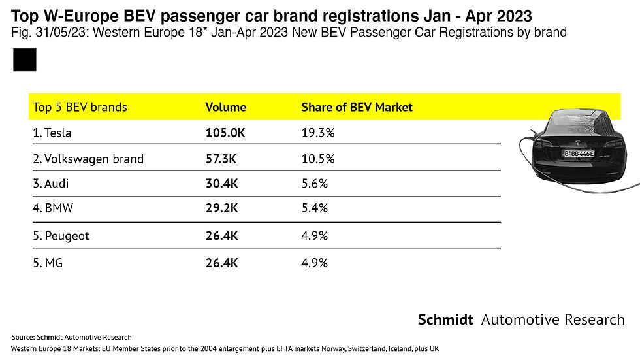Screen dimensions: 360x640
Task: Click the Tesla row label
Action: [x=52, y=133]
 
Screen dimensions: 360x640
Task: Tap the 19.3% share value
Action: [x=318, y=133]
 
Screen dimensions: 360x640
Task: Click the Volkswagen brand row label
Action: [x=88, y=159]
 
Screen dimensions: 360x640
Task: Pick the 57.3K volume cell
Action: [x=221, y=159]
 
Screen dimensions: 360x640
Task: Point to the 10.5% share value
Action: [x=318, y=159]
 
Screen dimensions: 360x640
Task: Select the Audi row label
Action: [x=50, y=184]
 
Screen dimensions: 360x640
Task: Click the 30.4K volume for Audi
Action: [x=221, y=184]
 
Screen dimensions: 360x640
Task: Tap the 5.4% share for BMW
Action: [x=314, y=209]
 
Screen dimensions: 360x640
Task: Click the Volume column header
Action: [x=225, y=107]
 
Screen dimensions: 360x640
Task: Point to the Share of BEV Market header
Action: [x=357, y=107]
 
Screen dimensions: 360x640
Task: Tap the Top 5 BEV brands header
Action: [x=80, y=107]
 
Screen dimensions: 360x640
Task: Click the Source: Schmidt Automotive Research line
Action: [x=72, y=337]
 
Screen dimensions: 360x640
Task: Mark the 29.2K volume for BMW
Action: [x=221, y=209]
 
